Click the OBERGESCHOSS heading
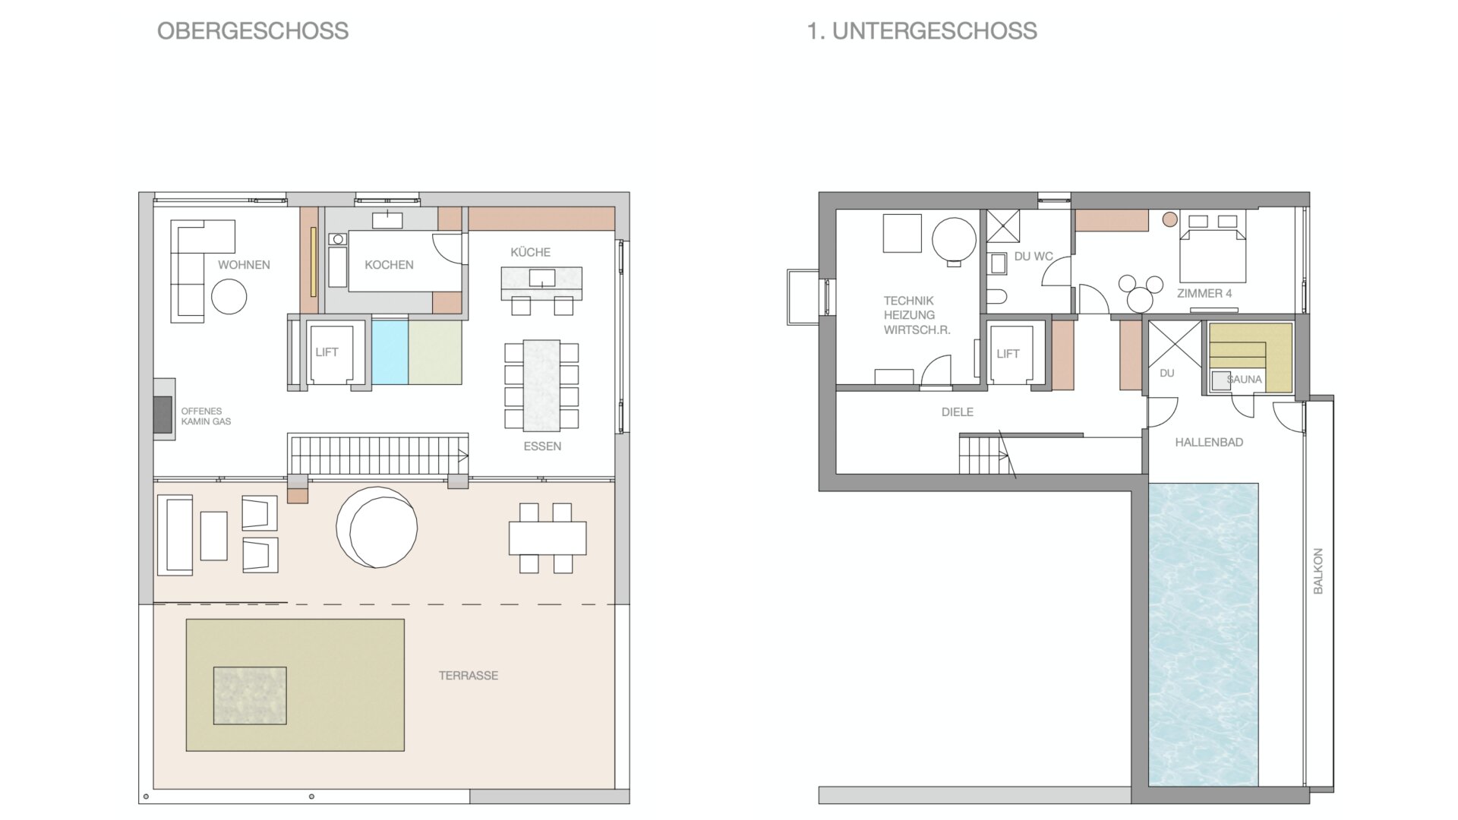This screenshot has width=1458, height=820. (253, 31)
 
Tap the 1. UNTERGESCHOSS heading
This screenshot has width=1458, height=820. (922, 31)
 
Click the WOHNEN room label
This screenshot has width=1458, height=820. (244, 265)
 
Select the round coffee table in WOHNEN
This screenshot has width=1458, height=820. (229, 297)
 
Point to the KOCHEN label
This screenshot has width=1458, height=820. (389, 265)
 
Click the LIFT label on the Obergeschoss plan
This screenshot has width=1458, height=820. (327, 352)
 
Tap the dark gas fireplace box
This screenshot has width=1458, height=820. (163, 415)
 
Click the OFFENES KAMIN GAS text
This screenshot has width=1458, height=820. (206, 416)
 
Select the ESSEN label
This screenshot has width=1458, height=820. (542, 446)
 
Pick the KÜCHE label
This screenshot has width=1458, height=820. (530, 252)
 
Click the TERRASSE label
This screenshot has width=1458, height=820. (469, 676)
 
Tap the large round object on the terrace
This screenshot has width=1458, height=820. (377, 528)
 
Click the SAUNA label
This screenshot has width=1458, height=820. (1244, 380)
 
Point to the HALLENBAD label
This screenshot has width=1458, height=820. (1209, 443)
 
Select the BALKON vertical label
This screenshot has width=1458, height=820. (1318, 571)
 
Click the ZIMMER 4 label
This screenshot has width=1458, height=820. (1204, 293)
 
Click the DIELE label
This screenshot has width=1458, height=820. (957, 412)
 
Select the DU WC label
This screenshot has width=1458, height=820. (1034, 257)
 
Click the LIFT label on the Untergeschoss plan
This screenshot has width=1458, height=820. (1008, 354)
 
